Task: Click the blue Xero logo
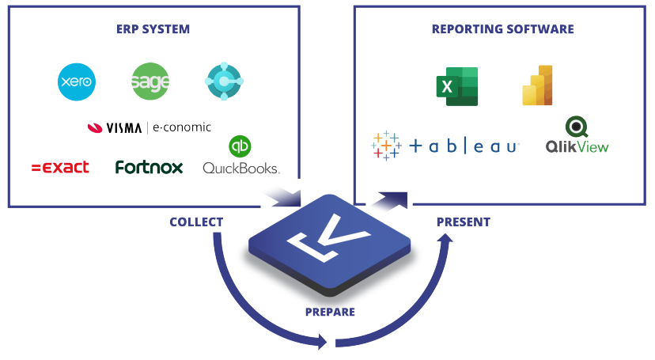tap(77, 81)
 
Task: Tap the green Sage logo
tap(150, 81)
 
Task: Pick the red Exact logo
tap(60, 168)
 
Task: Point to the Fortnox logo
tap(149, 168)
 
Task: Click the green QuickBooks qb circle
tap(240, 147)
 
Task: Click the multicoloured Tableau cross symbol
tap(385, 146)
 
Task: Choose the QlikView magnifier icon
tap(576, 127)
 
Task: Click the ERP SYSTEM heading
tap(153, 29)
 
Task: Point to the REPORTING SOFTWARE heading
tap(502, 29)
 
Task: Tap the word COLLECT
tap(196, 222)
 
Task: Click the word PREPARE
tap(330, 312)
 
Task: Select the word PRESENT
tap(463, 222)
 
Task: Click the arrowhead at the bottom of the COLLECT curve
tap(320, 342)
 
